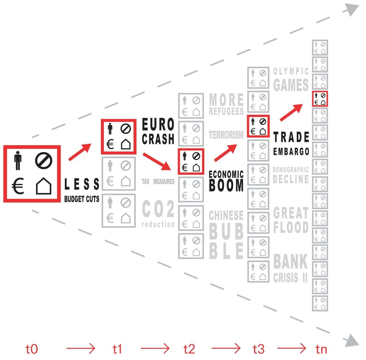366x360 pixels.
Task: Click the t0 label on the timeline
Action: (32, 349)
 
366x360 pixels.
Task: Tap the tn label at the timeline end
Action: (321, 349)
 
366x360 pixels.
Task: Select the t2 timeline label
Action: (189, 349)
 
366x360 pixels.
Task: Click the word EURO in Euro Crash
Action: (158, 124)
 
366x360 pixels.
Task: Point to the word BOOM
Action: (226, 186)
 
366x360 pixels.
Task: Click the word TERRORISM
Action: (226, 135)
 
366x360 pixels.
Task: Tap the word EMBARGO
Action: (291, 152)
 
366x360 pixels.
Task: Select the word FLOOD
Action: (291, 227)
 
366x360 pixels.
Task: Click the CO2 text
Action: (158, 209)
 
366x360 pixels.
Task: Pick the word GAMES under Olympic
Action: (291, 85)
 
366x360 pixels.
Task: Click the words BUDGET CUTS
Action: (82, 199)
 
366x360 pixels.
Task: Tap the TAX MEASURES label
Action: (158, 182)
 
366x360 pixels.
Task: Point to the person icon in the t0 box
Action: (18, 161)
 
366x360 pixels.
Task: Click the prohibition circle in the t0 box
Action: (44, 161)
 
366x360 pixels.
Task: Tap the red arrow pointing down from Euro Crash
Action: (157, 162)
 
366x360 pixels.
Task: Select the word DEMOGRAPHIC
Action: (291, 170)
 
